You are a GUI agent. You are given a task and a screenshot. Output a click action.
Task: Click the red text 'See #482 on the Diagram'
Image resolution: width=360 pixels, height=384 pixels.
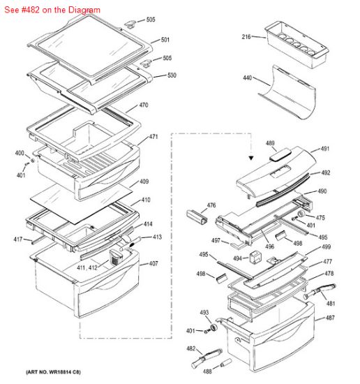[x=52, y=10]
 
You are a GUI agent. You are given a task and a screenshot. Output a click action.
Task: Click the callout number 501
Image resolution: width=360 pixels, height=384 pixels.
[x=165, y=40]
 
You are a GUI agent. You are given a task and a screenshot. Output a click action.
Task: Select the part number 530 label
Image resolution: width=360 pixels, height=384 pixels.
[x=172, y=75]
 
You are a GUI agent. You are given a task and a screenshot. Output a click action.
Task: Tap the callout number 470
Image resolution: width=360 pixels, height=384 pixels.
[x=143, y=105]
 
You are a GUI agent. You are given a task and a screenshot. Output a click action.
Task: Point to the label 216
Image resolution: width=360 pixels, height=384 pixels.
[x=246, y=36]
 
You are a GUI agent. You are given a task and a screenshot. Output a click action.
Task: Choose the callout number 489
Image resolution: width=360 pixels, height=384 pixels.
[x=270, y=143]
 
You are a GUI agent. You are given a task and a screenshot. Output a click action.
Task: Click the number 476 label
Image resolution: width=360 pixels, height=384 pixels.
[x=211, y=206]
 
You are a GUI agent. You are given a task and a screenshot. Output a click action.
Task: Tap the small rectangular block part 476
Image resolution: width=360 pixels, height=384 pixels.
[x=196, y=218]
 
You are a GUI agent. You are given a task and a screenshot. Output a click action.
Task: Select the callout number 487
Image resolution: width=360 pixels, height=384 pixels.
[x=329, y=318]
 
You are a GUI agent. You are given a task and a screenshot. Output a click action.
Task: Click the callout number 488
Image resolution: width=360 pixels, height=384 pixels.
[x=207, y=371]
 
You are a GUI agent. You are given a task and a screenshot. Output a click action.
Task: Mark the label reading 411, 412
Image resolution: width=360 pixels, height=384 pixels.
[x=87, y=267]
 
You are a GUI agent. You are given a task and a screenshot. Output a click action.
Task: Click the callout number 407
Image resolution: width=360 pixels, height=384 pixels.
[x=153, y=263]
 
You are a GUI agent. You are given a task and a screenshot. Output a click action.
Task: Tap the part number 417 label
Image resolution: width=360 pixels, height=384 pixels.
[x=17, y=239]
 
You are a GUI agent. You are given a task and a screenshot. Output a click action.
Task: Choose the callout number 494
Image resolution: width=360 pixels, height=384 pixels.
[x=237, y=258]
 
